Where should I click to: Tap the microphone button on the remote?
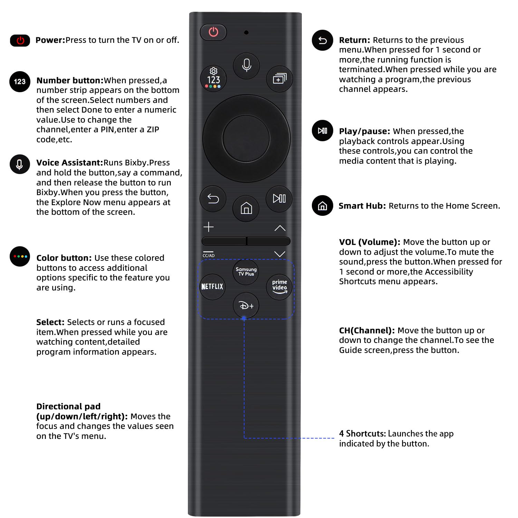246,65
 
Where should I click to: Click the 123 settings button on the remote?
213,79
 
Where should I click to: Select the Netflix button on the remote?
212,287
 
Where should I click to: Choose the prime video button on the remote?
279,287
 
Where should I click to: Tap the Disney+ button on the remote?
246,306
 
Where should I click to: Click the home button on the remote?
246,208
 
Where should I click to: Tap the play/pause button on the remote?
279,199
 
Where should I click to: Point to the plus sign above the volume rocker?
209,227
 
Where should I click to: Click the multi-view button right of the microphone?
279,79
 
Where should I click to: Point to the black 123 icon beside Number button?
20,82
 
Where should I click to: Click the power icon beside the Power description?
20,40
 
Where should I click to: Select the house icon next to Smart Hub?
322,206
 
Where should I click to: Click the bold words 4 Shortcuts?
362,434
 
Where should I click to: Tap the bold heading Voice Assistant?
70,163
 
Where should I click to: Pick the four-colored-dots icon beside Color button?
20,257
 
